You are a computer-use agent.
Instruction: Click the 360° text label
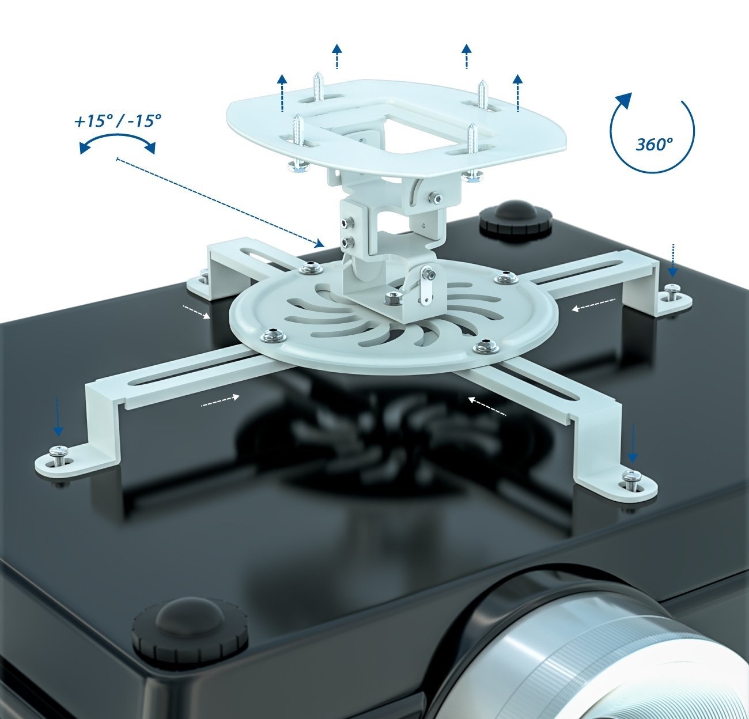(655, 145)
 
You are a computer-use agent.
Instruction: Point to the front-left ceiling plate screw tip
(297, 116)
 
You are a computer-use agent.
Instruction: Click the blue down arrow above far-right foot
(672, 260)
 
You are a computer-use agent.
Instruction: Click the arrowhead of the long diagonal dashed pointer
(319, 243)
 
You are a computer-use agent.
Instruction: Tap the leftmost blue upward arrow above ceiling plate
(282, 93)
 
